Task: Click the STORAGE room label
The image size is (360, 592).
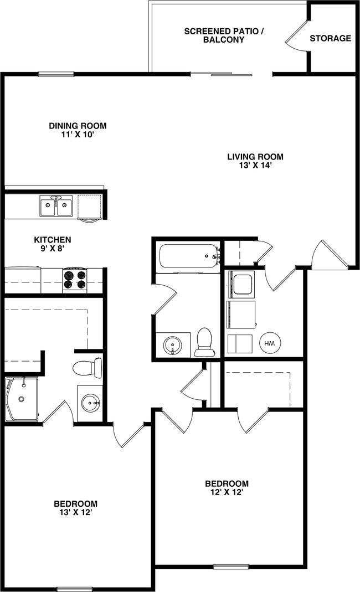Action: tap(330, 38)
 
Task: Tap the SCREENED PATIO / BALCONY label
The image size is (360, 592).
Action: tap(224, 35)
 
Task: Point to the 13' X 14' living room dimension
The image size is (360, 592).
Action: tap(255, 165)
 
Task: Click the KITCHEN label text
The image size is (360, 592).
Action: tap(53, 240)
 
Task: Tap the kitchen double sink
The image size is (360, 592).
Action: tap(55, 207)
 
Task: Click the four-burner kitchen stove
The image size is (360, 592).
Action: tap(75, 280)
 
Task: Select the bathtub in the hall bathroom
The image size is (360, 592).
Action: tap(189, 256)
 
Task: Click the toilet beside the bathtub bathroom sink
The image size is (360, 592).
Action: tap(204, 343)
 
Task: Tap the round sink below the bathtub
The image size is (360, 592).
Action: tap(172, 346)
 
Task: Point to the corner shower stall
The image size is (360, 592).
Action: tap(21, 399)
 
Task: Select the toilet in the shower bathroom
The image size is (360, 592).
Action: tap(88, 368)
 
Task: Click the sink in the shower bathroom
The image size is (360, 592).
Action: tap(90, 403)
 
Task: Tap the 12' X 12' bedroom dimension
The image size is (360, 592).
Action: tap(226, 492)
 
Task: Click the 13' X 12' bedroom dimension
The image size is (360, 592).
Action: tap(75, 512)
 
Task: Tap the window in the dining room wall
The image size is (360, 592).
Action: tap(56, 74)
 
